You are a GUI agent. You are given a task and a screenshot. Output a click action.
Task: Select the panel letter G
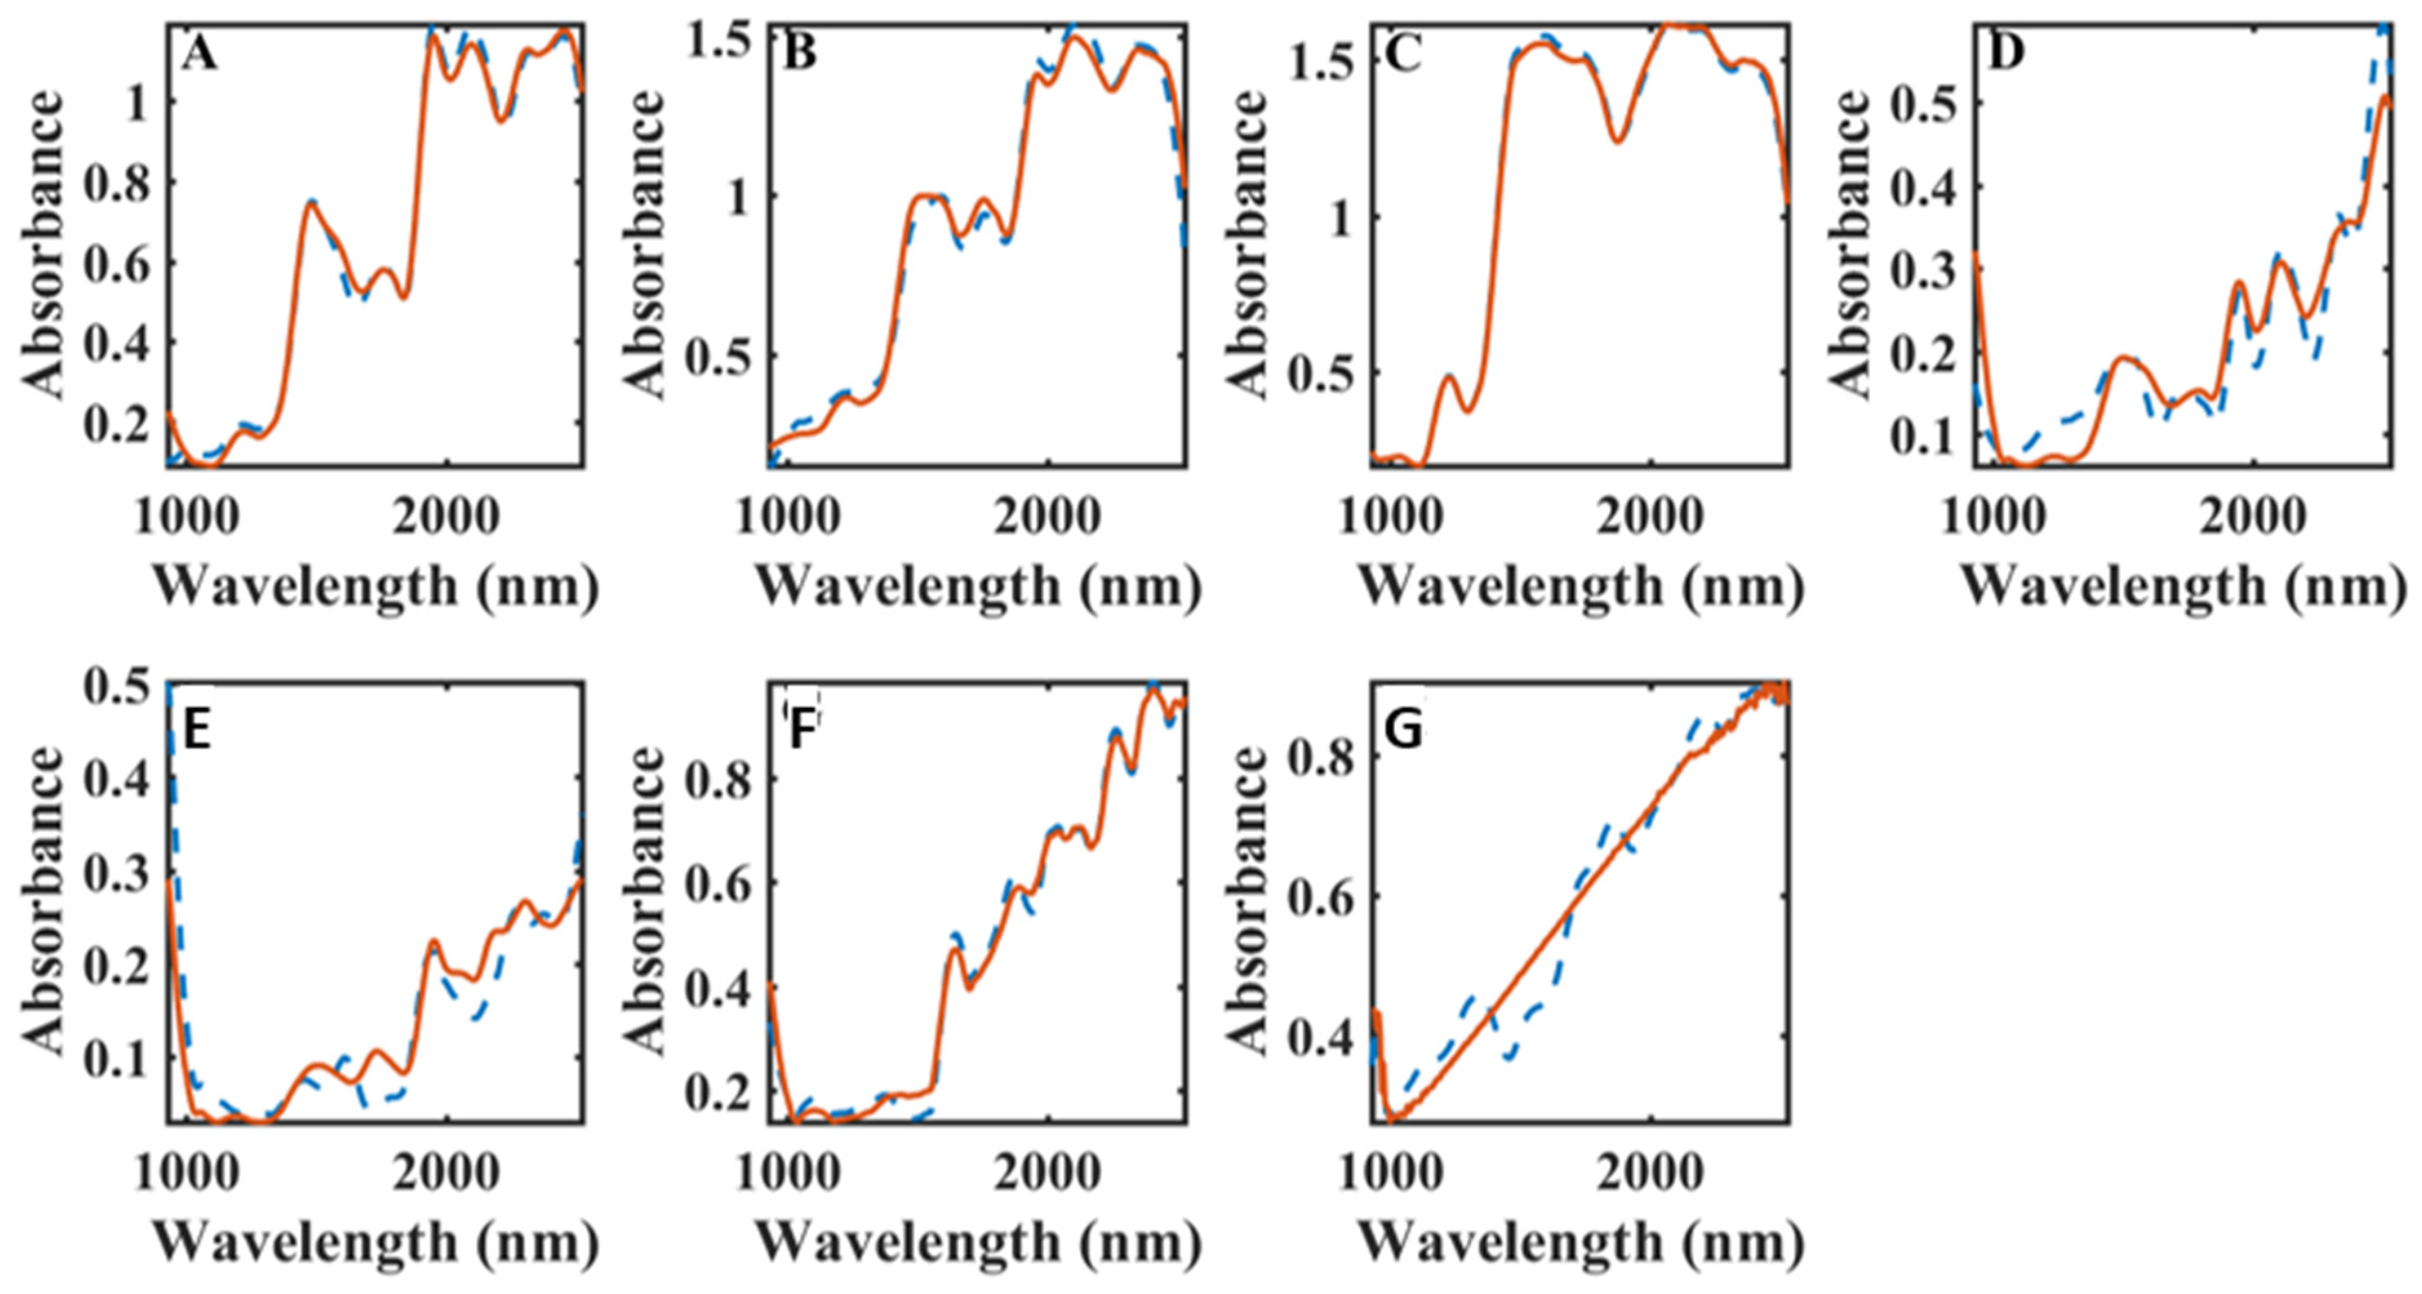click(x=1404, y=731)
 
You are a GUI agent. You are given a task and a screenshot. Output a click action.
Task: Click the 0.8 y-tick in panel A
click(x=115, y=185)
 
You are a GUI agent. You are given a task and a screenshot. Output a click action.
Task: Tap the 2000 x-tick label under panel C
click(x=1650, y=516)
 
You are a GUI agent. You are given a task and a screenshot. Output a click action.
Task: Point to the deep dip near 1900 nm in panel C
click(x=1617, y=142)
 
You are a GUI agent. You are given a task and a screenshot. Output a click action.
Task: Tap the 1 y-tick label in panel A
click(x=136, y=105)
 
